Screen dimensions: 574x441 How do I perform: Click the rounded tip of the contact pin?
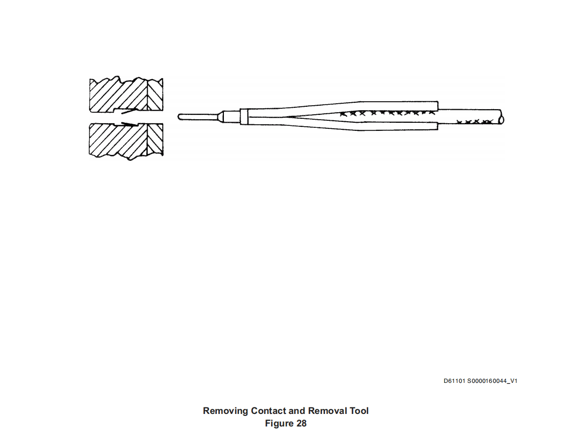(x=180, y=117)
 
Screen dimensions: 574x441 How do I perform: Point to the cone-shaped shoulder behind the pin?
(x=221, y=117)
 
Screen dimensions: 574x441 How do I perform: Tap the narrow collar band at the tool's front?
(x=244, y=117)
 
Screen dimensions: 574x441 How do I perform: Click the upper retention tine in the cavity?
(x=129, y=111)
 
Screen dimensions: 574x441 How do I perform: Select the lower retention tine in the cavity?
(x=130, y=124)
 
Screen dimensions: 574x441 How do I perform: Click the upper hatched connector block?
(x=126, y=94)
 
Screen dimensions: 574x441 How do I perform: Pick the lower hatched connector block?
(x=126, y=141)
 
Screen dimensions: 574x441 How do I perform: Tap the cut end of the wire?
(x=502, y=120)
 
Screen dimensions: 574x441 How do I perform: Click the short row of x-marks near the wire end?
(x=475, y=121)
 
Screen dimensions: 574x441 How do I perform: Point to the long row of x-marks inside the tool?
(x=388, y=113)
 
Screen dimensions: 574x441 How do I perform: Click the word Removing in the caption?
(x=225, y=411)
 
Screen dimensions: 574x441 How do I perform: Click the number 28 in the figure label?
(x=302, y=423)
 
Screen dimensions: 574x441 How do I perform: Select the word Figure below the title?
(x=279, y=423)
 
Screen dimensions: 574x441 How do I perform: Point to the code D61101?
(x=454, y=381)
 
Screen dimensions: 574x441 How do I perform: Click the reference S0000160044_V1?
(x=492, y=381)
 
